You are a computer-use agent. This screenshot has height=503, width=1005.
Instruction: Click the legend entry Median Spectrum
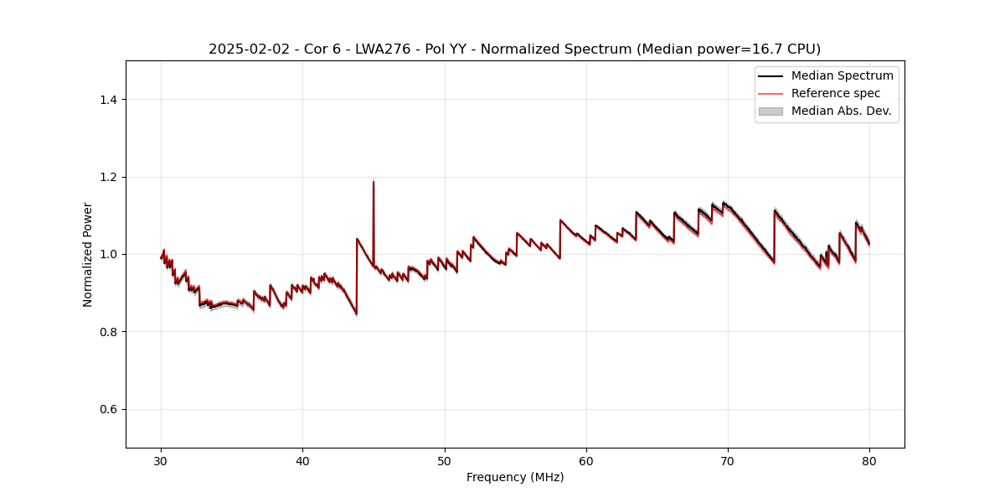[x=842, y=75]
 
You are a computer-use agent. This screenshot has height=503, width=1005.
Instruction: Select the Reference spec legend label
[x=835, y=93]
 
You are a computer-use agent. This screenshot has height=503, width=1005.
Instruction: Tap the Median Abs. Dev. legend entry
[x=841, y=111]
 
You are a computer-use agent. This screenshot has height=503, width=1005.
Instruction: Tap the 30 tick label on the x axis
[x=162, y=460]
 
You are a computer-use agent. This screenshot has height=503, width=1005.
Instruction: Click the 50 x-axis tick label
[x=445, y=460]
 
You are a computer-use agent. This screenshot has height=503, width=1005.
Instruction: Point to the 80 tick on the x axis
[x=869, y=460]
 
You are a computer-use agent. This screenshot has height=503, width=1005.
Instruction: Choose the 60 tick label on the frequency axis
[x=586, y=460]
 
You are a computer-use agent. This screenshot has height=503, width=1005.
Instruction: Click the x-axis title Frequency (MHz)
[x=515, y=477]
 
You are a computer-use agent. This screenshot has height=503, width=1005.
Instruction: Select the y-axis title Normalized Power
[x=88, y=254]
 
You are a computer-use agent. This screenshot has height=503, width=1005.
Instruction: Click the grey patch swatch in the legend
[x=770, y=111]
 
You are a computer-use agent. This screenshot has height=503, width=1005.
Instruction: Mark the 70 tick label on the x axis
[x=728, y=460]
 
